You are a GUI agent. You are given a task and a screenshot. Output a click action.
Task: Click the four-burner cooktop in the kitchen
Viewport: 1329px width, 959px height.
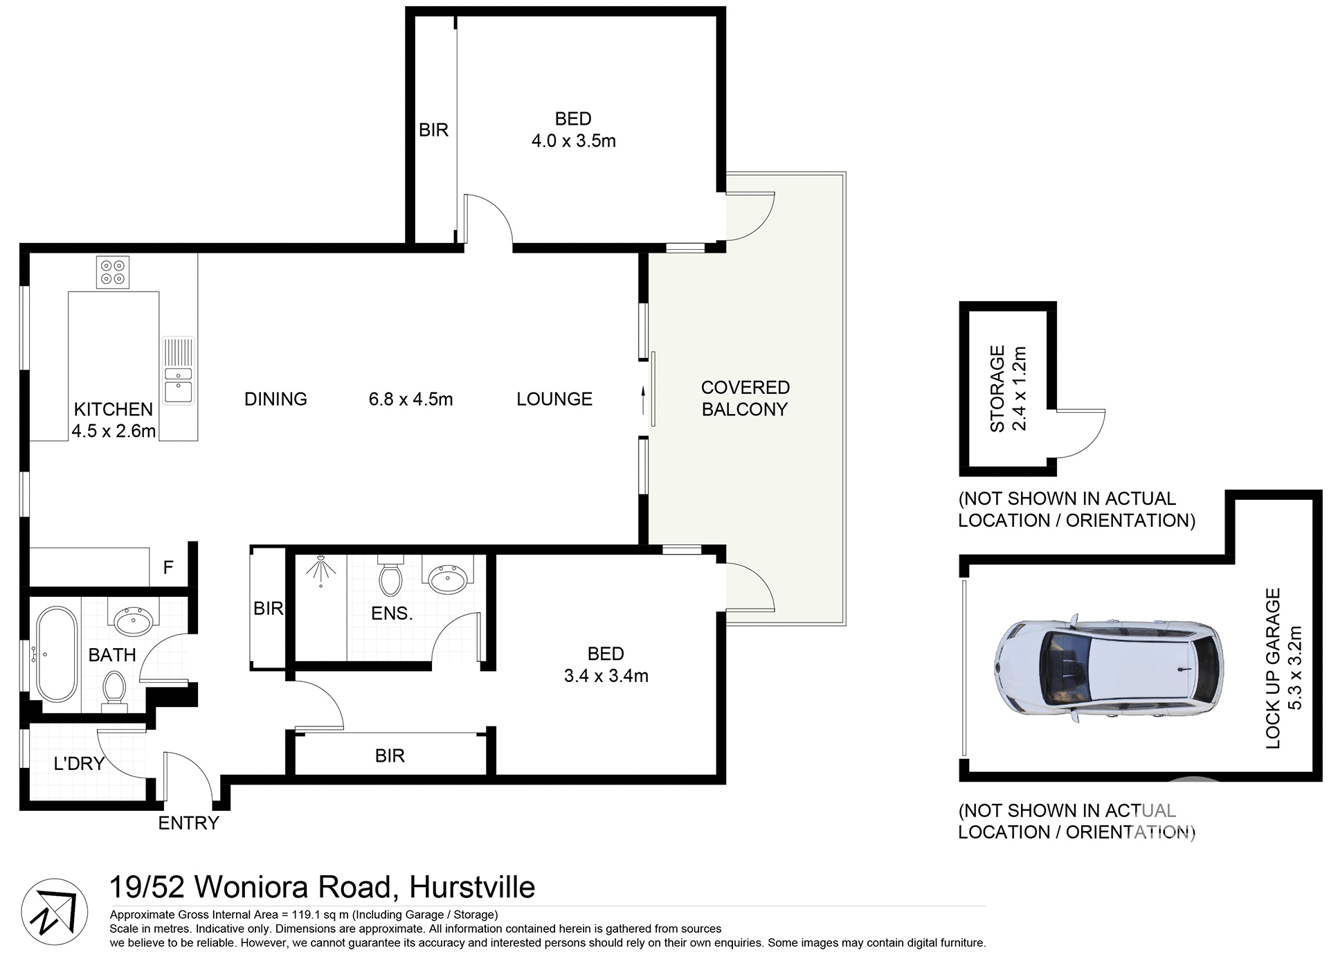click(113, 272)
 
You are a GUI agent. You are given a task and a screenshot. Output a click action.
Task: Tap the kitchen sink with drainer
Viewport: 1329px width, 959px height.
click(179, 370)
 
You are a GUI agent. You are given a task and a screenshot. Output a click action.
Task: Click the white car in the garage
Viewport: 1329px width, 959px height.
click(1107, 668)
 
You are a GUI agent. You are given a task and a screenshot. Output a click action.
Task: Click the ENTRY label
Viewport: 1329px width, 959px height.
click(188, 823)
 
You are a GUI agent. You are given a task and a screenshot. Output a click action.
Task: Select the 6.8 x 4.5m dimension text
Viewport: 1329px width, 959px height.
click(410, 400)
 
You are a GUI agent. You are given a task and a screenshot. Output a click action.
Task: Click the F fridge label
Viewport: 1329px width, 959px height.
click(168, 568)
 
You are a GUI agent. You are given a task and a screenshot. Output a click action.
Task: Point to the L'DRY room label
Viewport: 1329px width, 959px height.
click(79, 764)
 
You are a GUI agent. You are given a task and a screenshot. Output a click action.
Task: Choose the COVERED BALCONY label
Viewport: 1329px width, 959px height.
click(745, 398)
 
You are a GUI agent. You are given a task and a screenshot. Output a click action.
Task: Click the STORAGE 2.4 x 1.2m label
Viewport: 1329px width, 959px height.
click(1007, 389)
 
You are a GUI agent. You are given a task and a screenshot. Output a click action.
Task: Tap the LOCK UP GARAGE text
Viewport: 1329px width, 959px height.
click(1272, 668)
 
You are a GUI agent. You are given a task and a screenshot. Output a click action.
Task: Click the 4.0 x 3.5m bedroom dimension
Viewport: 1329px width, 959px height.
click(573, 141)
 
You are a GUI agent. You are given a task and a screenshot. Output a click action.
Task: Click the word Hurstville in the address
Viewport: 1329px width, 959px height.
click(472, 887)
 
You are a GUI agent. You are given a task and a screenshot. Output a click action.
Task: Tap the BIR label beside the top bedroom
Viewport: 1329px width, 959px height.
click(433, 130)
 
